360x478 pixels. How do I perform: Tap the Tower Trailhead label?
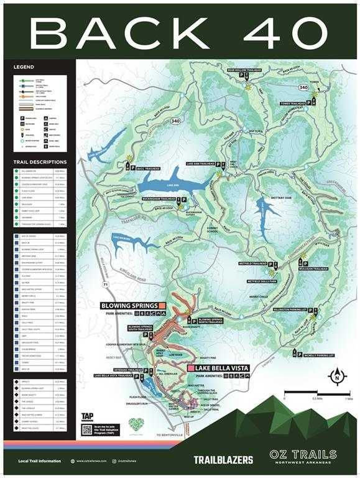[278, 103]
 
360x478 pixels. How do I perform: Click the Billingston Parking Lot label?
[290, 308]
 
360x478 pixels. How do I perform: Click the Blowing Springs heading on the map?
[129, 306]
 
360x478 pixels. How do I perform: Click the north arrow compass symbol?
[337, 376]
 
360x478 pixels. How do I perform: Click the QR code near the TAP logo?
[88, 429]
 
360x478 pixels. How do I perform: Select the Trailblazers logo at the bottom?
[223, 460]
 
